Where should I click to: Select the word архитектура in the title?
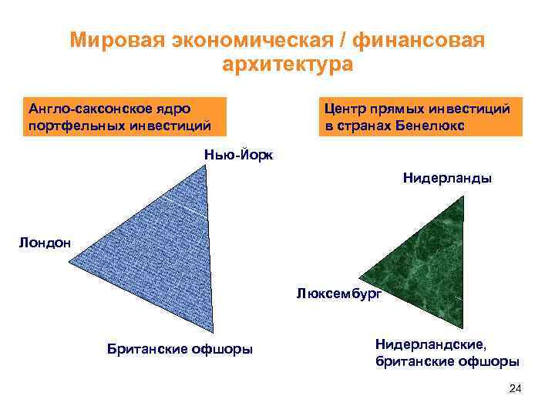(x=287, y=64)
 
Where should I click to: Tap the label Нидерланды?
(x=447, y=179)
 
